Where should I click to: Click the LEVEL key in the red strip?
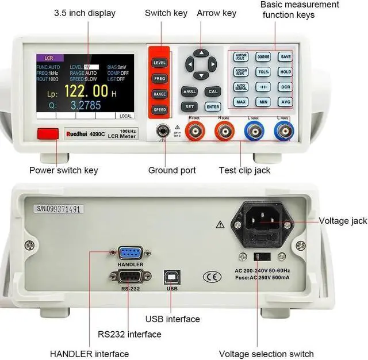tap(159, 62)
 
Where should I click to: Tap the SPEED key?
tap(159, 109)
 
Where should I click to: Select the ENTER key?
tap(213, 106)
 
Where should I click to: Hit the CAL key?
tap(213, 91)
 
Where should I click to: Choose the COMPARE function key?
tap(263, 57)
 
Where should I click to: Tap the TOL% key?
tap(263, 72)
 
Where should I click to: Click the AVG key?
tap(285, 102)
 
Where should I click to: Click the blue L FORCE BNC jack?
tap(282, 132)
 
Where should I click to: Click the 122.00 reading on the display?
tap(86, 91)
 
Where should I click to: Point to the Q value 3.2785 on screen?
tap(86, 105)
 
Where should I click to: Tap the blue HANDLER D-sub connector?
tap(130, 254)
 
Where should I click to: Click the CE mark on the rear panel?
tap(212, 277)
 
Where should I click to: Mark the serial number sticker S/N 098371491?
tap(57, 209)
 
